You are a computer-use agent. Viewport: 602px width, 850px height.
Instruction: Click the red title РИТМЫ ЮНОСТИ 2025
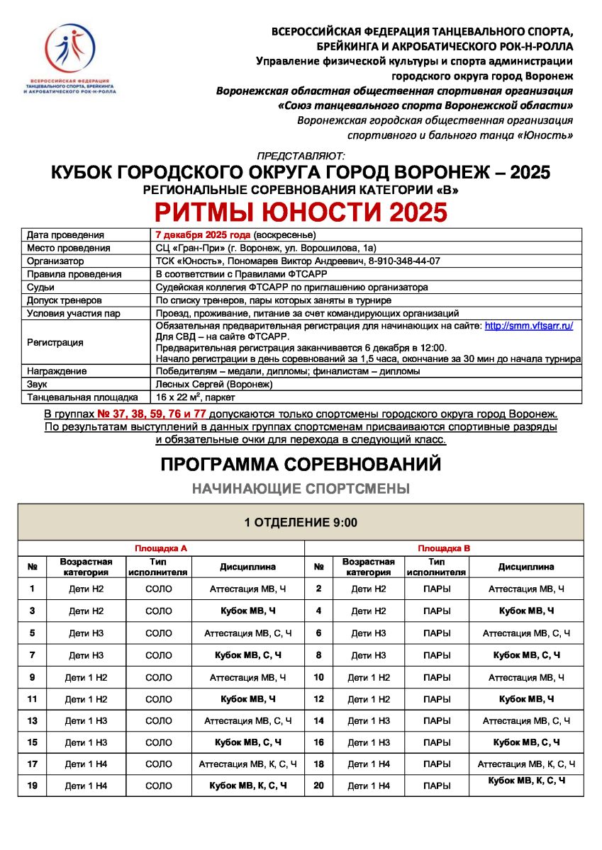tap(301, 212)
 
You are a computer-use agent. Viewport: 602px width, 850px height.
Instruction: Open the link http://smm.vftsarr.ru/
tap(528, 325)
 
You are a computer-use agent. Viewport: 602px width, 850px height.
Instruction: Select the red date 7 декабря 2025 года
tap(203, 235)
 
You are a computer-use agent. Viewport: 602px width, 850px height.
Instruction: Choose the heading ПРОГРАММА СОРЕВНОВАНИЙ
tap(301, 464)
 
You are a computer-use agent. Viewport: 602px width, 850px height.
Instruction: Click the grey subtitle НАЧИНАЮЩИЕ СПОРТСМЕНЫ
tap(301, 489)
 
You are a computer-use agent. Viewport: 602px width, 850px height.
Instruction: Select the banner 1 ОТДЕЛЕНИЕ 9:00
tap(301, 523)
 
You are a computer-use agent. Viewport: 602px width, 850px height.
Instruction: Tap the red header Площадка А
tap(161, 548)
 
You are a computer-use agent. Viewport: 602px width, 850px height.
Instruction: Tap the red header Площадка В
tap(444, 548)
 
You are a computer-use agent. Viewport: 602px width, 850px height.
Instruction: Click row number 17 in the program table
tap(32, 764)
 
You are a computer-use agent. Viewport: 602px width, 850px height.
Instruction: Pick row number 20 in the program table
tap(318, 786)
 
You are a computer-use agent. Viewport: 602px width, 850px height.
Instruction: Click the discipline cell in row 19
tap(247, 786)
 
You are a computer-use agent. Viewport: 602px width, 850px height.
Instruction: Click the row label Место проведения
tap(68, 248)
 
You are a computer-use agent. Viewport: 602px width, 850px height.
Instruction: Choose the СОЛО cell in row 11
tap(158, 699)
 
